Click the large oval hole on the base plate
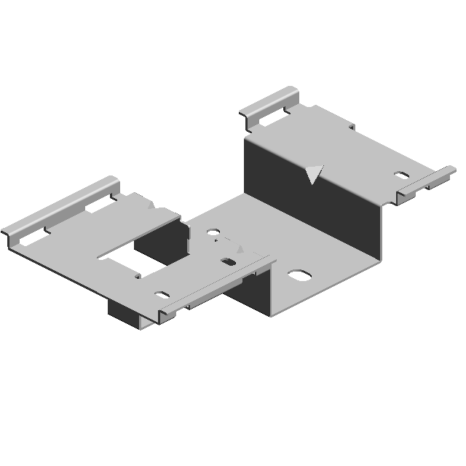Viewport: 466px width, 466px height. (299, 277)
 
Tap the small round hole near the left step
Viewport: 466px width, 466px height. (213, 234)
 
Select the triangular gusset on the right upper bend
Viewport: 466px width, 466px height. (314, 174)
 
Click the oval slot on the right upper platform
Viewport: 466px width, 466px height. (402, 175)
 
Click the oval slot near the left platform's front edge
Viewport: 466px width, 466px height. (161, 295)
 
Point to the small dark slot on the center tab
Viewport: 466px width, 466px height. (229, 262)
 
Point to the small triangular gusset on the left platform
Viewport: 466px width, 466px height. (151, 206)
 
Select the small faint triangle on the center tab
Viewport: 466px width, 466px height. (240, 248)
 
